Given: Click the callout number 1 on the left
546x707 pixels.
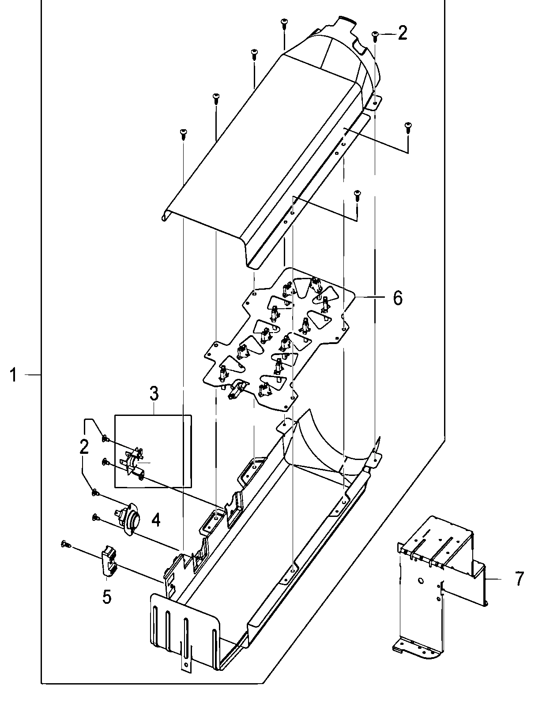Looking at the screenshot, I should point(14,376).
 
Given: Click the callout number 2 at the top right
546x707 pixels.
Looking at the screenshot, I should point(402,34).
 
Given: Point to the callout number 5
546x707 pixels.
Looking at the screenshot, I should point(106,597).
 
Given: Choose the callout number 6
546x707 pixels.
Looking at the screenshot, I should point(397,299).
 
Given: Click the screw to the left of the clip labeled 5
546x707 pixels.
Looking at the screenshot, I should point(65,545).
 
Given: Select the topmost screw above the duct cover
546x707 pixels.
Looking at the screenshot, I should point(284,23).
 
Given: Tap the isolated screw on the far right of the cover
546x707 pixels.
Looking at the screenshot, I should point(407,127).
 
